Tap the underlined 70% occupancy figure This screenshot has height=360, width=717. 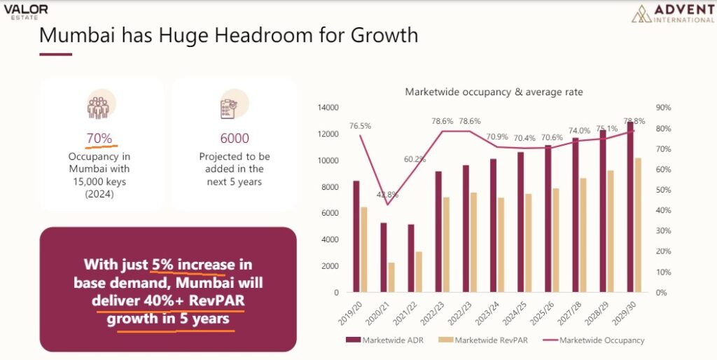99,138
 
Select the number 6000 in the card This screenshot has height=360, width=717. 235,138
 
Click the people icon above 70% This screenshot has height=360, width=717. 99,106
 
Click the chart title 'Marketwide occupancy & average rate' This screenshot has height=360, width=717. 494,92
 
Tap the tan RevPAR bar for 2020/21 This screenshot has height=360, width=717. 391,277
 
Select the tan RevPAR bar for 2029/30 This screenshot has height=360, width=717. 637,225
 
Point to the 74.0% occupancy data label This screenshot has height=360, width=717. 580,130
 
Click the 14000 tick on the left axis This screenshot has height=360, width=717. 329,108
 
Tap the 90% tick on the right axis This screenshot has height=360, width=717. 662,108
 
